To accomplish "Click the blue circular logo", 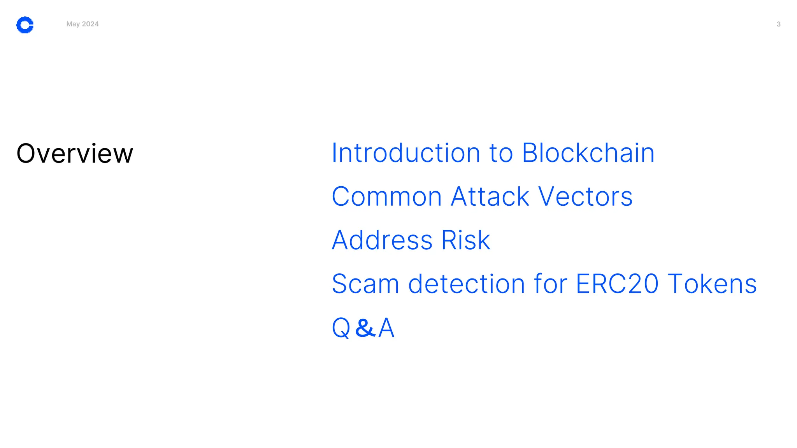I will click(x=25, y=25).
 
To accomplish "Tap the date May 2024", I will click(x=83, y=24).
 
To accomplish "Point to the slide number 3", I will click(x=778, y=24).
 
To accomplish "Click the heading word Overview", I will click(x=75, y=153).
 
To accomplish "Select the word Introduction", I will click(x=406, y=153).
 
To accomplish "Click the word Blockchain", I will click(x=588, y=153).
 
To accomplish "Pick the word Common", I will click(x=387, y=196).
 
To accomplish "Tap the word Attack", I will click(x=490, y=196).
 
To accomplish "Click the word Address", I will click(x=382, y=240).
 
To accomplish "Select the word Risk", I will click(x=465, y=240).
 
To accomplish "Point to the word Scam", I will click(x=365, y=284).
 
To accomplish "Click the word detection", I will click(x=467, y=284).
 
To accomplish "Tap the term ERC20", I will click(x=617, y=284).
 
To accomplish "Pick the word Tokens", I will click(x=712, y=284).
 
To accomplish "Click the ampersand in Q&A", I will click(x=365, y=327).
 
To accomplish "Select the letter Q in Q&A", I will click(x=341, y=328).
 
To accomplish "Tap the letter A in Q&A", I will click(x=386, y=327).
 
